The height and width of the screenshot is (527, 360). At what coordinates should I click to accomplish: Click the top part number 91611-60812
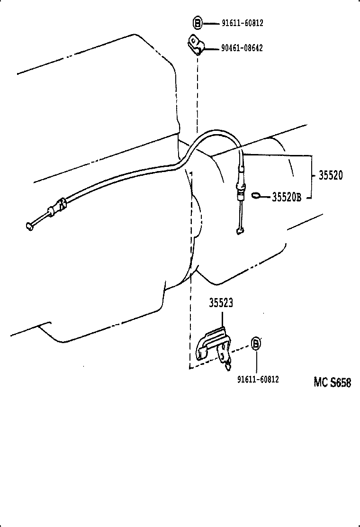[x=242, y=22]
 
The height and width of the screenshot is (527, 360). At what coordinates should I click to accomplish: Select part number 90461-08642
[x=242, y=48]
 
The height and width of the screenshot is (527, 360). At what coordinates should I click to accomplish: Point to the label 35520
[x=330, y=176]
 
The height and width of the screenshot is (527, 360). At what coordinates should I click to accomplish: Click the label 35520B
[x=287, y=197]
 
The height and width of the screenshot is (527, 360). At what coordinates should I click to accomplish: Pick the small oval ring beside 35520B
[x=256, y=195]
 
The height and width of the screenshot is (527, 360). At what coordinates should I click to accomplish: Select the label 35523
[x=221, y=303]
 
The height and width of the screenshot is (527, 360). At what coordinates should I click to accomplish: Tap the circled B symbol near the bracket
[x=256, y=344]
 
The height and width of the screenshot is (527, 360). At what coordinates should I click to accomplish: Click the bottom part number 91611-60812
[x=258, y=379]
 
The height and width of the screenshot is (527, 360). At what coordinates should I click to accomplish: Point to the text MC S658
[x=332, y=382]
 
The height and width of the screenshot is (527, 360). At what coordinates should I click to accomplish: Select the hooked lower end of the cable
[x=240, y=231]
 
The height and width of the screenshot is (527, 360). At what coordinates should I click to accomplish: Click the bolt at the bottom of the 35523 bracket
[x=229, y=364]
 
